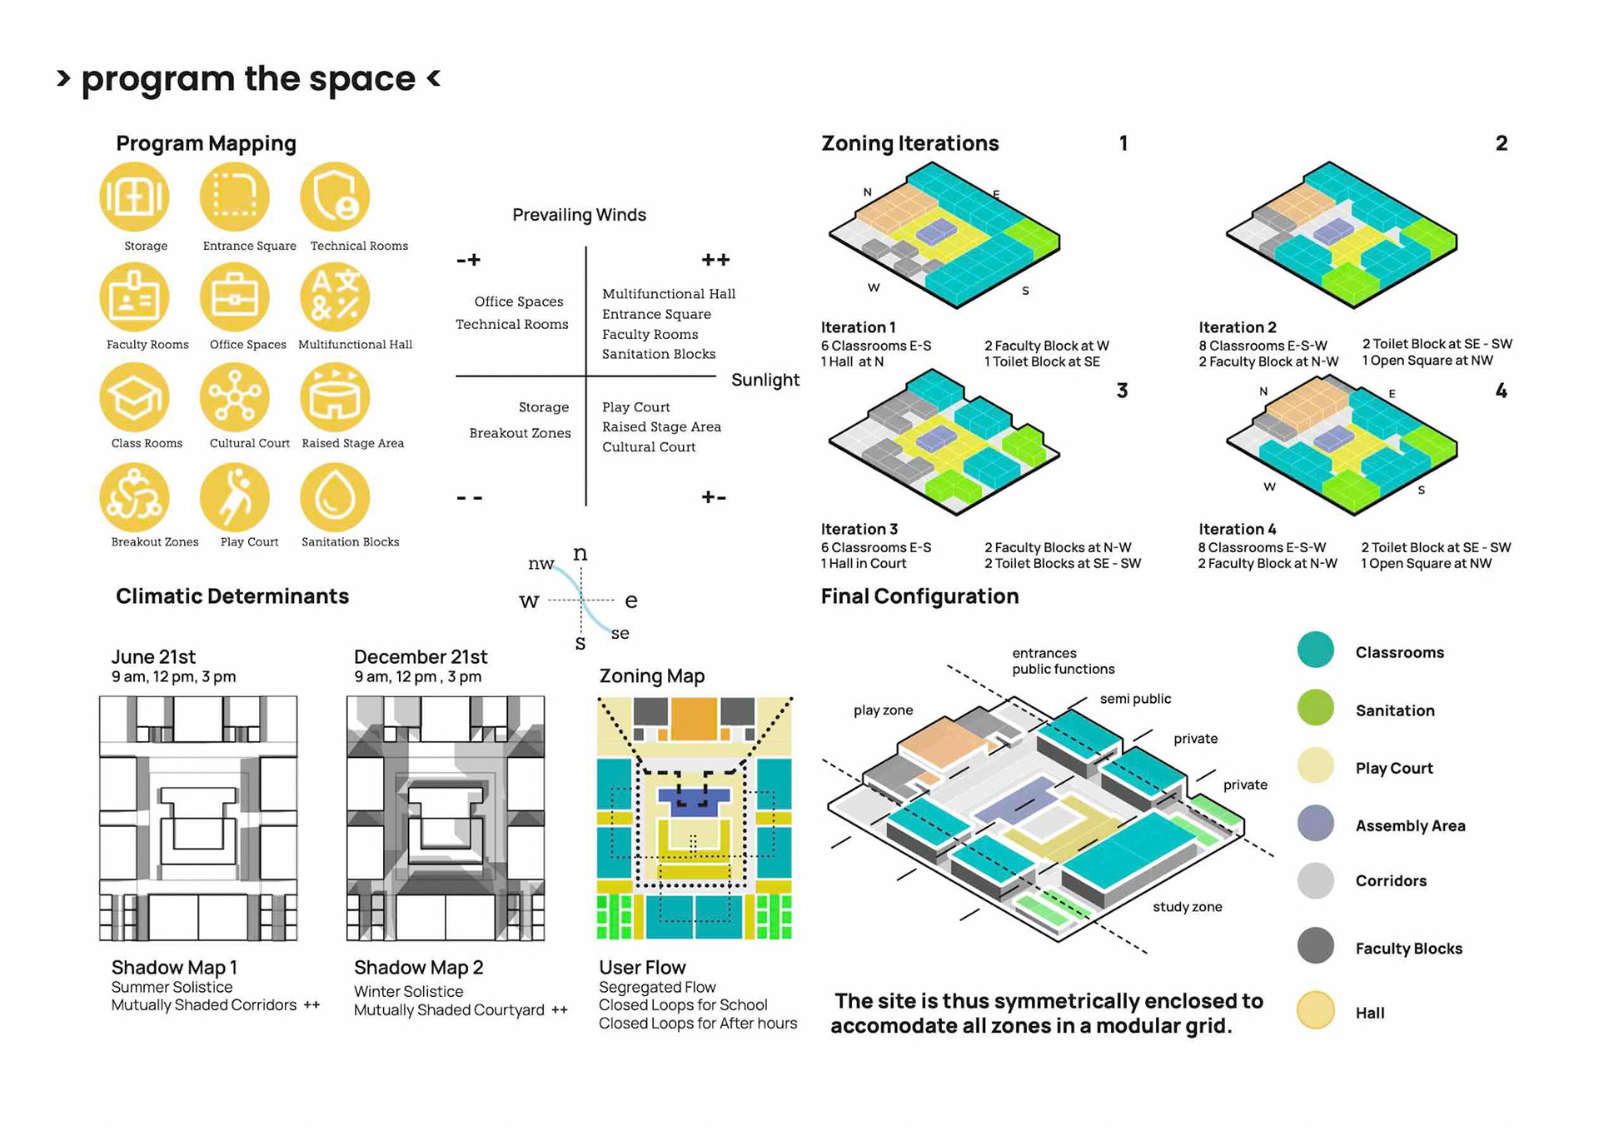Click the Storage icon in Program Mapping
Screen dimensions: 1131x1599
[134, 197]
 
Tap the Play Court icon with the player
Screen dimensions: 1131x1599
[235, 497]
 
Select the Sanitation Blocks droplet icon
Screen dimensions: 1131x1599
[335, 497]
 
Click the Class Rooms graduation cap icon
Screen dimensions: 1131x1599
[134, 397]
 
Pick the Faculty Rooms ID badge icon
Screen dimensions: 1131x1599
[134, 297]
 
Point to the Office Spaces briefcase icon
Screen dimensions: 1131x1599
[235, 297]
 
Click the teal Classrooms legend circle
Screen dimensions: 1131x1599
[1315, 650]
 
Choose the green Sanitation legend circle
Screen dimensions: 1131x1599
[1315, 708]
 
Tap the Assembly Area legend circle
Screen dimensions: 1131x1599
[1315, 824]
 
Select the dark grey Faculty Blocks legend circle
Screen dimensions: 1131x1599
[1315, 946]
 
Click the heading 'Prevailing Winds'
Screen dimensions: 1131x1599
[579, 215]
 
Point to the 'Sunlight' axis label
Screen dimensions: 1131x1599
[765, 380]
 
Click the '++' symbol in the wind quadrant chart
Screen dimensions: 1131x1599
[715, 260]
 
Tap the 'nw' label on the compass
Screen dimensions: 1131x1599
[541, 564]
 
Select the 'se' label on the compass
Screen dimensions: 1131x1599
[620, 634]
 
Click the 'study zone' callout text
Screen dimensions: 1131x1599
[1187, 907]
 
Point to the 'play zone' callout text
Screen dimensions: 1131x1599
[883, 710]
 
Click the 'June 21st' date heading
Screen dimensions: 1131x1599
[153, 657]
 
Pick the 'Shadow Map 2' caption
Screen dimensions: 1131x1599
[418, 968]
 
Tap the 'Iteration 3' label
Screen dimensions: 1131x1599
[859, 529]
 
